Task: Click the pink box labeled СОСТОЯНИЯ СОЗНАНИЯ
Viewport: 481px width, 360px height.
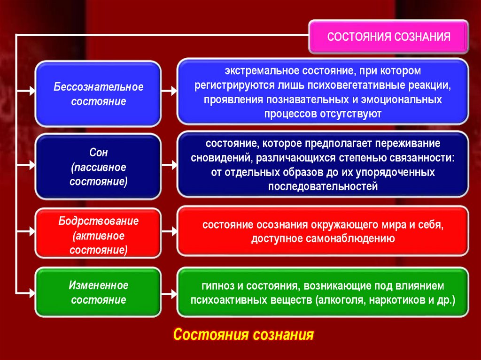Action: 388,37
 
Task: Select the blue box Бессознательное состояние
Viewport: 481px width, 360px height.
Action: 99,94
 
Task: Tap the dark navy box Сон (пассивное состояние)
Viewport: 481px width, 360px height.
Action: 99,167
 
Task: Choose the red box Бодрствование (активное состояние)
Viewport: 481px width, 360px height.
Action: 99,236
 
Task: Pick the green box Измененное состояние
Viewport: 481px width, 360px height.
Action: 99,292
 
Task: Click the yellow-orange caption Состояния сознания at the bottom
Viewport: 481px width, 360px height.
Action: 243,335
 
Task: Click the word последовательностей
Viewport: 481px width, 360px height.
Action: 323,186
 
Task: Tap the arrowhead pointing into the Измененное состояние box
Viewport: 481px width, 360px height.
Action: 31,293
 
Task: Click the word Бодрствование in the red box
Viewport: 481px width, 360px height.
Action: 99,221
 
